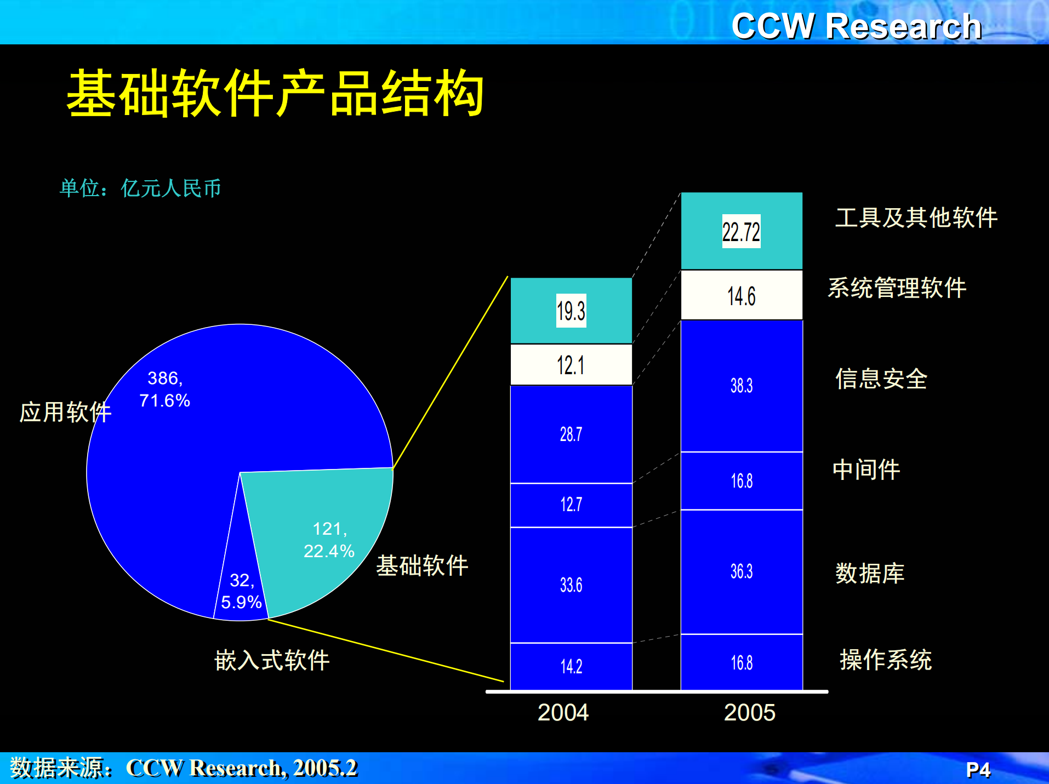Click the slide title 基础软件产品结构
click(x=275, y=93)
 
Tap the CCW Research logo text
click(x=856, y=26)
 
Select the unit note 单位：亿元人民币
click(x=140, y=188)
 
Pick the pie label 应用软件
click(x=65, y=412)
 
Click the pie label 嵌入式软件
click(x=272, y=660)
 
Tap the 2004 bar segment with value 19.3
click(x=571, y=311)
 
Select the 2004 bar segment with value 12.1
click(x=571, y=365)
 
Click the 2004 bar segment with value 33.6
click(x=571, y=585)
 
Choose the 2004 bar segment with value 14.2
click(x=571, y=666)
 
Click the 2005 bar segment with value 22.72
click(x=741, y=231)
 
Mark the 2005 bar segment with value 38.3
click(x=741, y=386)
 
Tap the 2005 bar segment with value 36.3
click(x=741, y=571)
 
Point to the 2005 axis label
click(x=749, y=713)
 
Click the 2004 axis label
click(x=563, y=713)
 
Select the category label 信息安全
click(x=881, y=379)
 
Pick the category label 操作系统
click(x=886, y=660)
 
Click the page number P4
click(x=978, y=770)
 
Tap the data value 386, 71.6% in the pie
click(x=164, y=389)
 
